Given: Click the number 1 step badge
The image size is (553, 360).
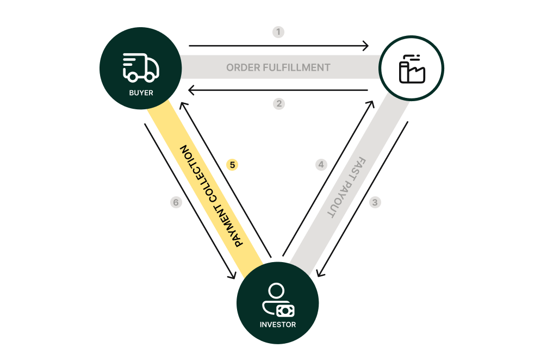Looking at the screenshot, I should (278, 32).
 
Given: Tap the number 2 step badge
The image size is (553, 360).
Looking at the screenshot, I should (279, 103).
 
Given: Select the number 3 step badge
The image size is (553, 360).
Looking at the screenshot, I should (375, 202).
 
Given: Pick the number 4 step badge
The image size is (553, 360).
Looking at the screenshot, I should (321, 164).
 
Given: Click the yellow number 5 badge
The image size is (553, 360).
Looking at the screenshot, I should (232, 164).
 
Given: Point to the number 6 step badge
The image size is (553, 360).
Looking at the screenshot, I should (175, 202).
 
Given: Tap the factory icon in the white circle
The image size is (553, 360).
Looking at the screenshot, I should (412, 69).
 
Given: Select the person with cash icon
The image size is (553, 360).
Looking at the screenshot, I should (277, 300).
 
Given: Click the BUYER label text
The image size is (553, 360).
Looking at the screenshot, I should (141, 93).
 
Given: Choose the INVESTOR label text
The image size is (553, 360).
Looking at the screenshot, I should (277, 325).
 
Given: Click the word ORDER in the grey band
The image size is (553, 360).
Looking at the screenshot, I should (244, 68).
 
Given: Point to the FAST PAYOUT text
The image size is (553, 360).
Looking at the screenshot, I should (347, 188).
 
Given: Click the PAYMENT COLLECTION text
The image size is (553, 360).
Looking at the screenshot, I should (212, 196).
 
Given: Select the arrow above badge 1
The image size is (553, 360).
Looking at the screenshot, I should (278, 46).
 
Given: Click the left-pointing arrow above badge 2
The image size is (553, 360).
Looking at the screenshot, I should (278, 90).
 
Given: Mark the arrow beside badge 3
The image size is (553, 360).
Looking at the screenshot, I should (362, 198).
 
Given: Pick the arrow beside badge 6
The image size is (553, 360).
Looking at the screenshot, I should (190, 201).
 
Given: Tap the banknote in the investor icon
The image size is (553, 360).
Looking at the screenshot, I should (285, 311).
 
